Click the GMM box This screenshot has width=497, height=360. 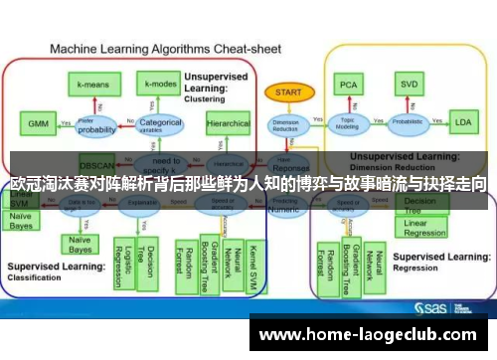coord(38,124)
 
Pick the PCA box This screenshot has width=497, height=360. coord(349,86)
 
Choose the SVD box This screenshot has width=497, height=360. coord(408,86)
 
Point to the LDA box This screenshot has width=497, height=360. coord(462,123)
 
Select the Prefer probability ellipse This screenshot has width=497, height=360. coord(97,125)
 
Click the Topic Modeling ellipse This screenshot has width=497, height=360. coord(348,123)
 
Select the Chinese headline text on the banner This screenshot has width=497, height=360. coord(248,184)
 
